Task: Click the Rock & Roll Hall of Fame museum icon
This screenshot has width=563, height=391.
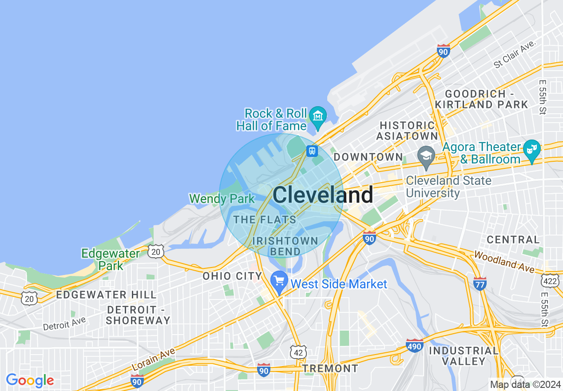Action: (318, 116)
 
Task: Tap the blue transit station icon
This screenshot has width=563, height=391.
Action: (312, 151)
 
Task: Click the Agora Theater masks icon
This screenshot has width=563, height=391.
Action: (531, 149)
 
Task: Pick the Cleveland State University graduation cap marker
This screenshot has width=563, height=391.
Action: (426, 157)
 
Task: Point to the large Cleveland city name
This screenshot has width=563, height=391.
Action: (323, 195)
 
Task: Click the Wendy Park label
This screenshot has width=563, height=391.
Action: (222, 199)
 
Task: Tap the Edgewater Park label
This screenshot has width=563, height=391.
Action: (111, 259)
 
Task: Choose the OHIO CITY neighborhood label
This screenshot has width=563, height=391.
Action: (230, 276)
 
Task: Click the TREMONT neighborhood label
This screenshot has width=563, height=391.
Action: (330, 368)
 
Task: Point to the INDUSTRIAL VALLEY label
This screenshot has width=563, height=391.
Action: (464, 356)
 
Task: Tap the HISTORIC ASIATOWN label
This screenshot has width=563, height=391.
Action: (407, 131)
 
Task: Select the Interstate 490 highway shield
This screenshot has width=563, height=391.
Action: (414, 345)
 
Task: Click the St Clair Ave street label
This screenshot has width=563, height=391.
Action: (515, 55)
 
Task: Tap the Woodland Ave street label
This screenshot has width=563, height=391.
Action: (504, 262)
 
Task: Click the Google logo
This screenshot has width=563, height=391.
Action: (30, 380)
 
